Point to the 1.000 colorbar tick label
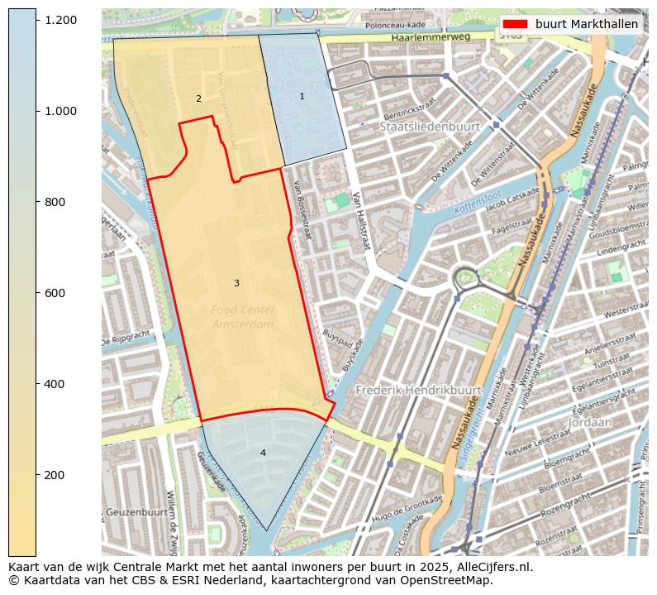(60, 111)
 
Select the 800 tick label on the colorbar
(55, 202)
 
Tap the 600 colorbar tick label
(55, 293)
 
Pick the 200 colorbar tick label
(55, 475)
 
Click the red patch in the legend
(515, 24)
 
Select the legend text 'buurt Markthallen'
(586, 24)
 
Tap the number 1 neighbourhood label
(302, 97)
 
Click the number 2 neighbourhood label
(198, 99)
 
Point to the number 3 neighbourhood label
(236, 283)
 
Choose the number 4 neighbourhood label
(263, 453)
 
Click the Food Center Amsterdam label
(242, 317)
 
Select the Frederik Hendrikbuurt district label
(418, 389)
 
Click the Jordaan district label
(590, 422)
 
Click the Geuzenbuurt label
(137, 512)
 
